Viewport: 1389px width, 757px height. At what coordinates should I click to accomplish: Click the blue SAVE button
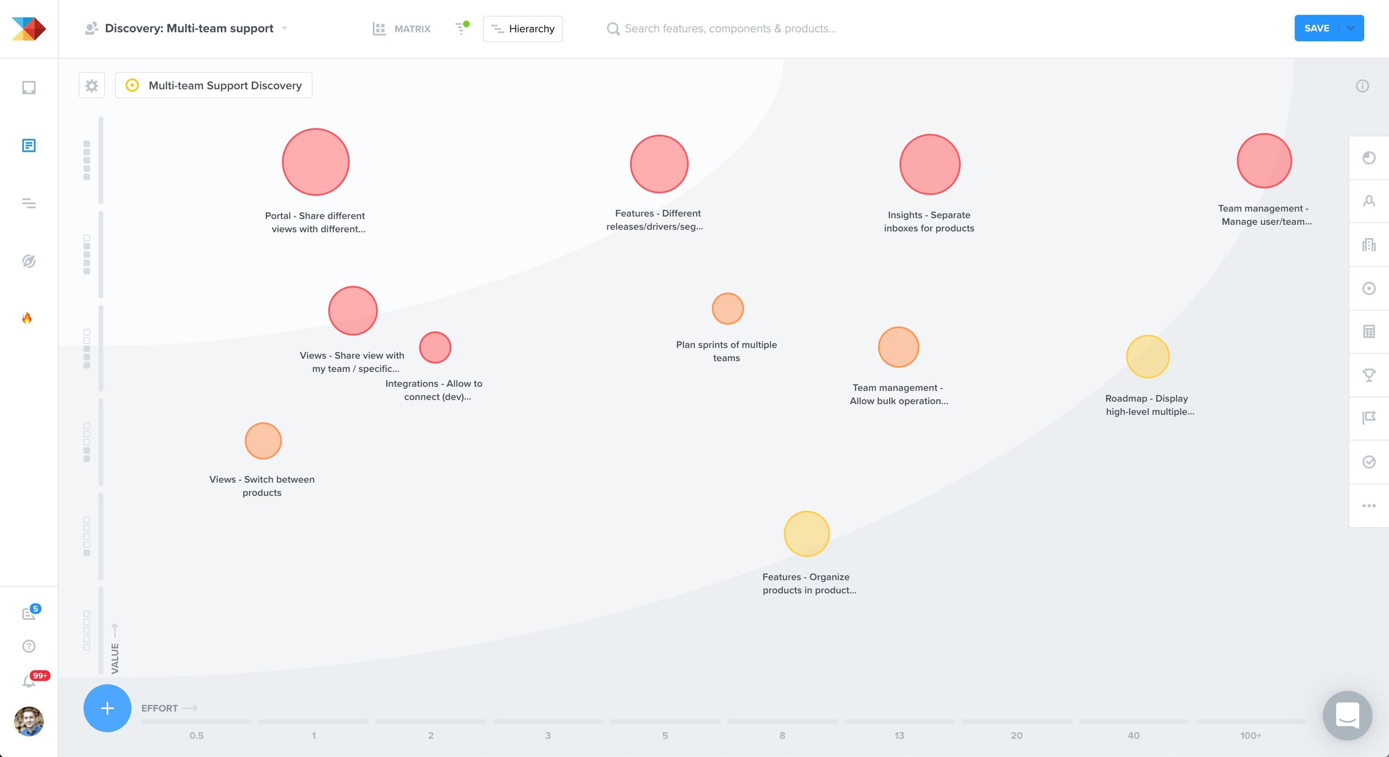pos(1317,28)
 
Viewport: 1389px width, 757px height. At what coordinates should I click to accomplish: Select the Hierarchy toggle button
pos(523,29)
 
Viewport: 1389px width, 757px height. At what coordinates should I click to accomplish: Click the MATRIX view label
pos(412,29)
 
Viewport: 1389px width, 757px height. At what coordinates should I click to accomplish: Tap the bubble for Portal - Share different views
pos(316,162)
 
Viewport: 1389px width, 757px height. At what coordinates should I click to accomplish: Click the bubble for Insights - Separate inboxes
pos(929,164)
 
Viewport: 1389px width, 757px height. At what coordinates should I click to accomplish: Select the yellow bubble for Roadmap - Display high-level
pos(1148,356)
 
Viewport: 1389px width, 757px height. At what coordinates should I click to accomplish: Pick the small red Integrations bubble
pos(435,348)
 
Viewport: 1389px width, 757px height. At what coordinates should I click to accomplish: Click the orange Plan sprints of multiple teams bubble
pos(728,309)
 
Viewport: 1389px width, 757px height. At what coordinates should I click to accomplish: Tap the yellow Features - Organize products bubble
pos(806,534)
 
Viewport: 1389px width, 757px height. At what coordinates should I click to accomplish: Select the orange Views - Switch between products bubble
pos(263,441)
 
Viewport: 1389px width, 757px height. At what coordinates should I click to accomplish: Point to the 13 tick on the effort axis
pos(899,735)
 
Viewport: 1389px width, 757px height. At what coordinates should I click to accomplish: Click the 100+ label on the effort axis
pos(1250,735)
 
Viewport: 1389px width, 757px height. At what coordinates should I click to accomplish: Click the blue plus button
pos(107,708)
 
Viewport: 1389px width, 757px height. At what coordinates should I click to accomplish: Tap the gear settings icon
pos(92,86)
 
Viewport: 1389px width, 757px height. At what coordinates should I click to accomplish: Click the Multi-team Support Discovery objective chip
pos(214,86)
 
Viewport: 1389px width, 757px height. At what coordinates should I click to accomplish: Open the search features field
pos(730,29)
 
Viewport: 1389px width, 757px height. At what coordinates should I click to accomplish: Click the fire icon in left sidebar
pos(27,318)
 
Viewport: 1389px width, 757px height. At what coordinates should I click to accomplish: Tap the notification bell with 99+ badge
pos(28,681)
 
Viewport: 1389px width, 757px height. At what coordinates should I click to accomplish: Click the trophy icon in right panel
pos(1368,375)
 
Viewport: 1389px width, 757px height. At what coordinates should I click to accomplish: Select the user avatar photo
pos(29,721)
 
